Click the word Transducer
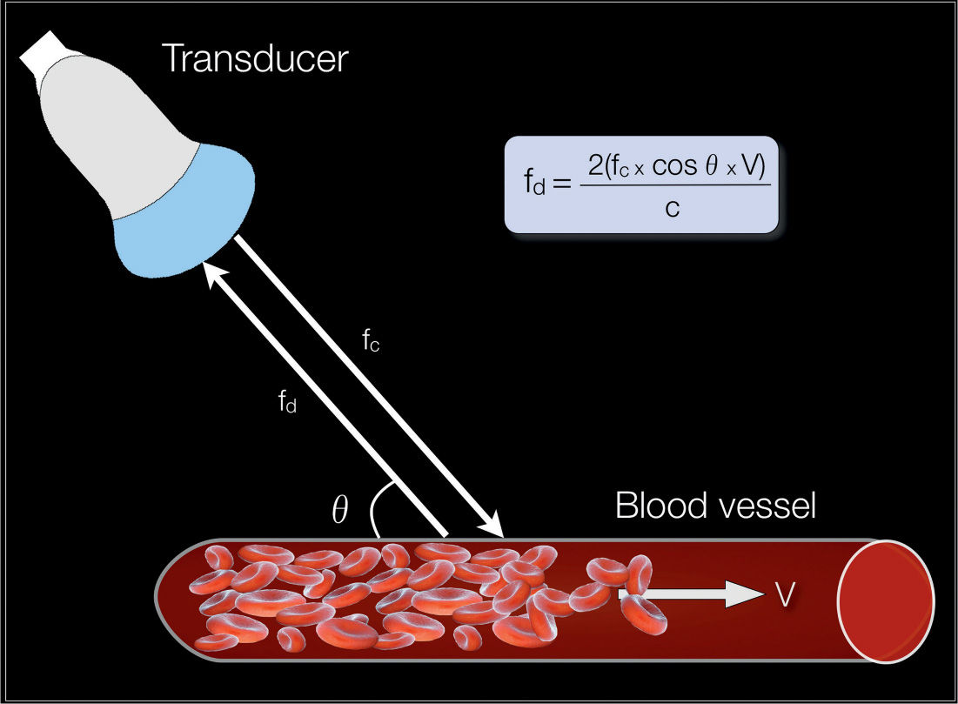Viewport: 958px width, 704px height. coord(255,58)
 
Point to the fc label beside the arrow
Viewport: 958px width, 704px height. coord(372,341)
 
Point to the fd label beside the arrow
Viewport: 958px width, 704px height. coord(287,402)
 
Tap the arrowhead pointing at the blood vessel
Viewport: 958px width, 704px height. coord(492,526)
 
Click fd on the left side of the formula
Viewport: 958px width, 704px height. coord(533,184)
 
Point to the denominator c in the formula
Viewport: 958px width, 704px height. coord(672,208)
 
